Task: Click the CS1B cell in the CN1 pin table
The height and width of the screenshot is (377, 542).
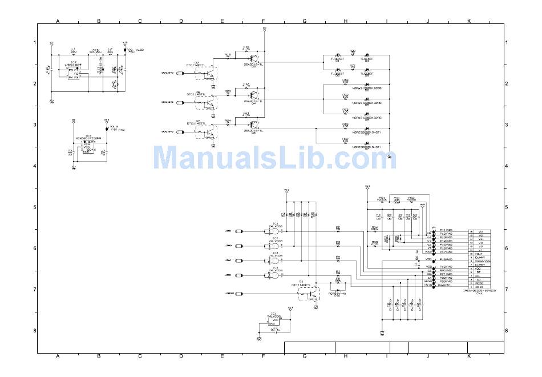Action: click(479, 287)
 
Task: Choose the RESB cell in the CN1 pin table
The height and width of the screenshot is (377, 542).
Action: click(479, 283)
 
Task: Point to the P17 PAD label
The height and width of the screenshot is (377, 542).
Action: click(446, 252)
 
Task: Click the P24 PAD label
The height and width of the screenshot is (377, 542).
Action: click(446, 285)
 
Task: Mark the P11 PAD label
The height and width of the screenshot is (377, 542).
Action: click(446, 230)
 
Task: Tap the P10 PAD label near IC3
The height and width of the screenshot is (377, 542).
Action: click(118, 130)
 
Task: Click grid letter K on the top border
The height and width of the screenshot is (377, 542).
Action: click(469, 21)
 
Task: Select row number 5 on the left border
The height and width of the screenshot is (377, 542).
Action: click(34, 207)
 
